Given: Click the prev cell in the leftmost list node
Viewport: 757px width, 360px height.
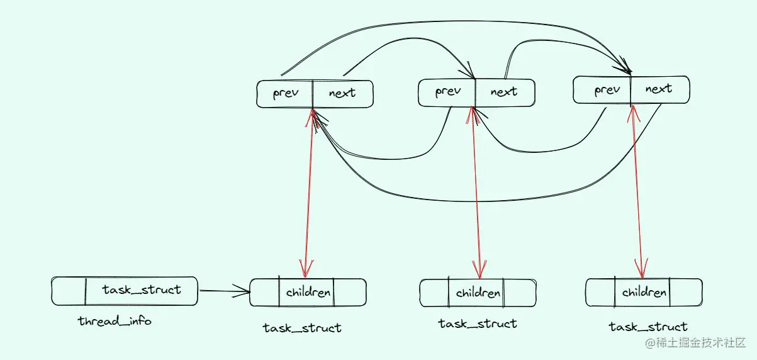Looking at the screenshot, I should point(285,94).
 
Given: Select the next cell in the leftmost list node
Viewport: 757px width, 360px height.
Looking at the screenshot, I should point(342,94).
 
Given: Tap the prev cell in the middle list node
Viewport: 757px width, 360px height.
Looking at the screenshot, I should point(447,92).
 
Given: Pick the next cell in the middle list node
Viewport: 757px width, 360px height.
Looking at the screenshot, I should point(503,92).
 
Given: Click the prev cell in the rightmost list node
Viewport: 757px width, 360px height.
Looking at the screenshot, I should point(607,90).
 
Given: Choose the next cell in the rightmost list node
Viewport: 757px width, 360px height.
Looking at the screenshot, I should point(659,89).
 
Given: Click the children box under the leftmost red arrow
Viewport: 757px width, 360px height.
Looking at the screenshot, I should point(308,293).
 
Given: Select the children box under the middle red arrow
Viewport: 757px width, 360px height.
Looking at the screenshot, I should point(478,293).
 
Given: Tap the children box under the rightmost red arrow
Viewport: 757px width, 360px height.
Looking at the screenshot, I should point(644,292).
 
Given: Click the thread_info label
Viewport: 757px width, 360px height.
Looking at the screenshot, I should point(115,322).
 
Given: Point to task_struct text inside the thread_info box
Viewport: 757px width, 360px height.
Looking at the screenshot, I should point(142,290).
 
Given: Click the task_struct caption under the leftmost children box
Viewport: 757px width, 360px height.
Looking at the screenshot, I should point(302,328).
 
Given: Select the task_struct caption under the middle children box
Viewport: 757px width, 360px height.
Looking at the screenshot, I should point(478,324).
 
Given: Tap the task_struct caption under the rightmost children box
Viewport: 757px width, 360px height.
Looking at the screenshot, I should point(648,327).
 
